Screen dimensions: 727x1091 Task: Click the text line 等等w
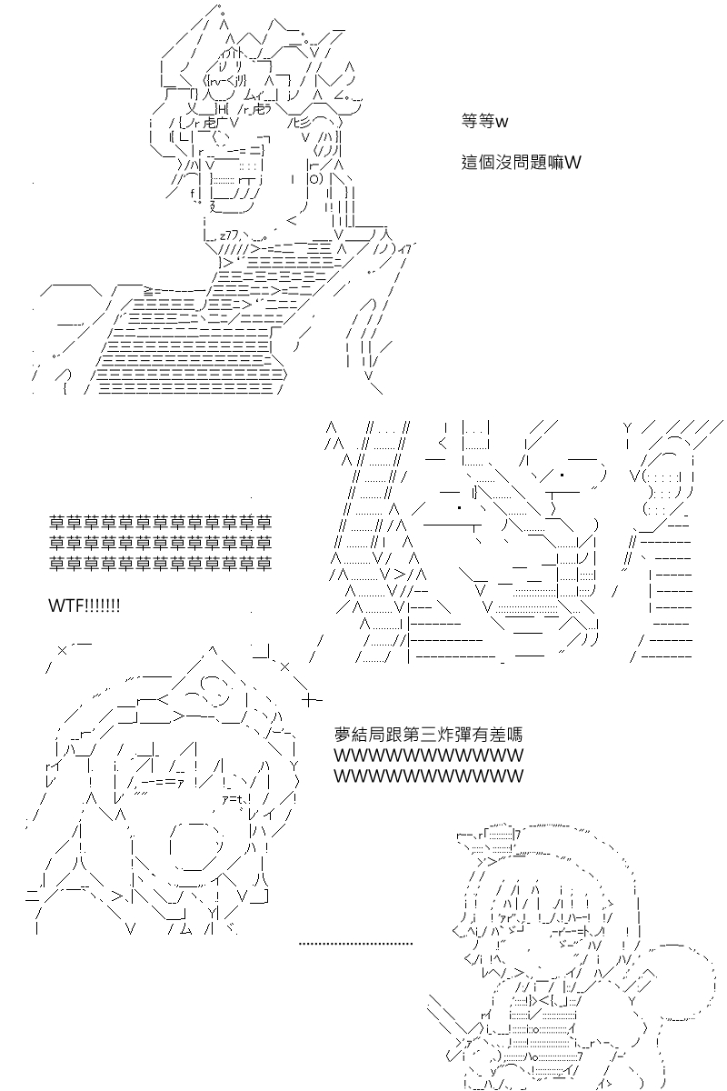[484, 120]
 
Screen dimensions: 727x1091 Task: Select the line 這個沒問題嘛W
[521, 162]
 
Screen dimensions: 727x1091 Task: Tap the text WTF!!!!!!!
[85, 606]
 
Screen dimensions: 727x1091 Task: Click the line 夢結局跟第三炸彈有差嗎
[429, 734]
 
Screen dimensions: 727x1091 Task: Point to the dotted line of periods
[355, 943]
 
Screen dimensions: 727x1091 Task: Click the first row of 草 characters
[160, 522]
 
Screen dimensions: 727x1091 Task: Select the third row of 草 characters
[160, 563]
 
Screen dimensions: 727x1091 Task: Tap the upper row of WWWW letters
[429, 756]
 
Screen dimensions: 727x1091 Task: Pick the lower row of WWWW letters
[429, 776]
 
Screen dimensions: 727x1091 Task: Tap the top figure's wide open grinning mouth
[233, 180]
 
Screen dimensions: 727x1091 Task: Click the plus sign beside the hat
[312, 700]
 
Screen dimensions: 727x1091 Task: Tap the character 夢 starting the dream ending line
[343, 734]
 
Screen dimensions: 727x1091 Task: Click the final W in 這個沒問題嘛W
[573, 162]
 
